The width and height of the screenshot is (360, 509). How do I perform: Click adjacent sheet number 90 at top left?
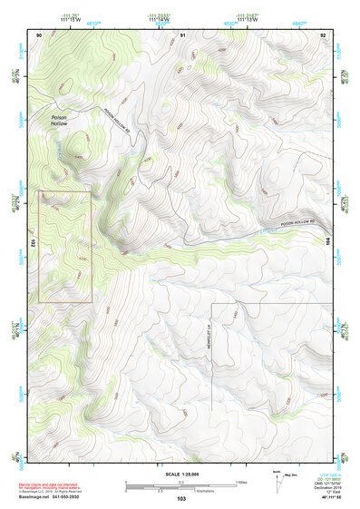(x=40, y=34)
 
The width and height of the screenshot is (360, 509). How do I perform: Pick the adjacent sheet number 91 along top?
(x=182, y=34)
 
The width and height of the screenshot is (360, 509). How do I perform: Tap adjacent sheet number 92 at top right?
(x=323, y=34)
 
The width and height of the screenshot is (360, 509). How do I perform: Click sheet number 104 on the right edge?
(x=326, y=241)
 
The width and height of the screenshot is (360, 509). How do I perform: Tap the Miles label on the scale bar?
(x=241, y=482)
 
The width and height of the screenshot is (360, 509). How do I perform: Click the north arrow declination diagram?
(x=280, y=480)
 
